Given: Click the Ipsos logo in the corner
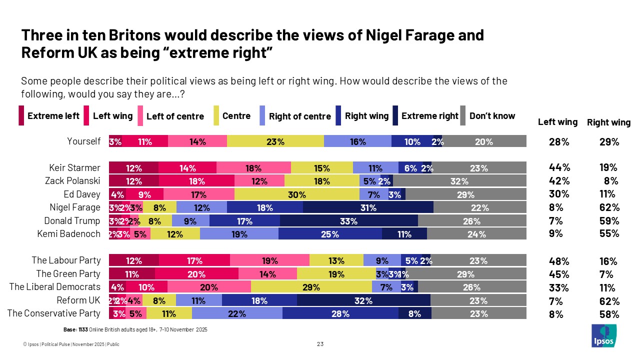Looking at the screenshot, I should click(x=604, y=335).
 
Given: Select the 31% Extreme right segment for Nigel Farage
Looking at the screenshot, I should click(x=368, y=207).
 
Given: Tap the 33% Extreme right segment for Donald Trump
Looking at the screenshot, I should click(x=348, y=221).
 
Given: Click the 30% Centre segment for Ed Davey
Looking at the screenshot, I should click(x=296, y=194).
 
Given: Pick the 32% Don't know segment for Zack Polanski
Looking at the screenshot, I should click(x=459, y=181).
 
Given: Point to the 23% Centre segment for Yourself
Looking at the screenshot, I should click(x=275, y=141).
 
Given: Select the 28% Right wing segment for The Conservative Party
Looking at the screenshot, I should click(x=340, y=314).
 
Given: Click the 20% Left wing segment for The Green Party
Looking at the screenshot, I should click(x=196, y=274).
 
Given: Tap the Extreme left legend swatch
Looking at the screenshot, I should click(x=21, y=116).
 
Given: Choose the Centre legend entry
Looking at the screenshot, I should click(x=236, y=116).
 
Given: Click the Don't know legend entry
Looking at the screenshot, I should click(x=492, y=116).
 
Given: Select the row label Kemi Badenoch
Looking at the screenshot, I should click(x=69, y=233).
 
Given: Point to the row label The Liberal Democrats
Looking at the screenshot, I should click(x=55, y=287).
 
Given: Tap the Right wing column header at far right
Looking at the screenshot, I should click(x=608, y=122).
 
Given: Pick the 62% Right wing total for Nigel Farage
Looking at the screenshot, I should click(x=609, y=207).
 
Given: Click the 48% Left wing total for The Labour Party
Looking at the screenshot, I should click(x=559, y=261).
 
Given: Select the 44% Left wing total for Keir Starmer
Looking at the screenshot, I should click(x=559, y=168).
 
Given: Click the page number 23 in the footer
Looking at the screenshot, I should click(x=320, y=344).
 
